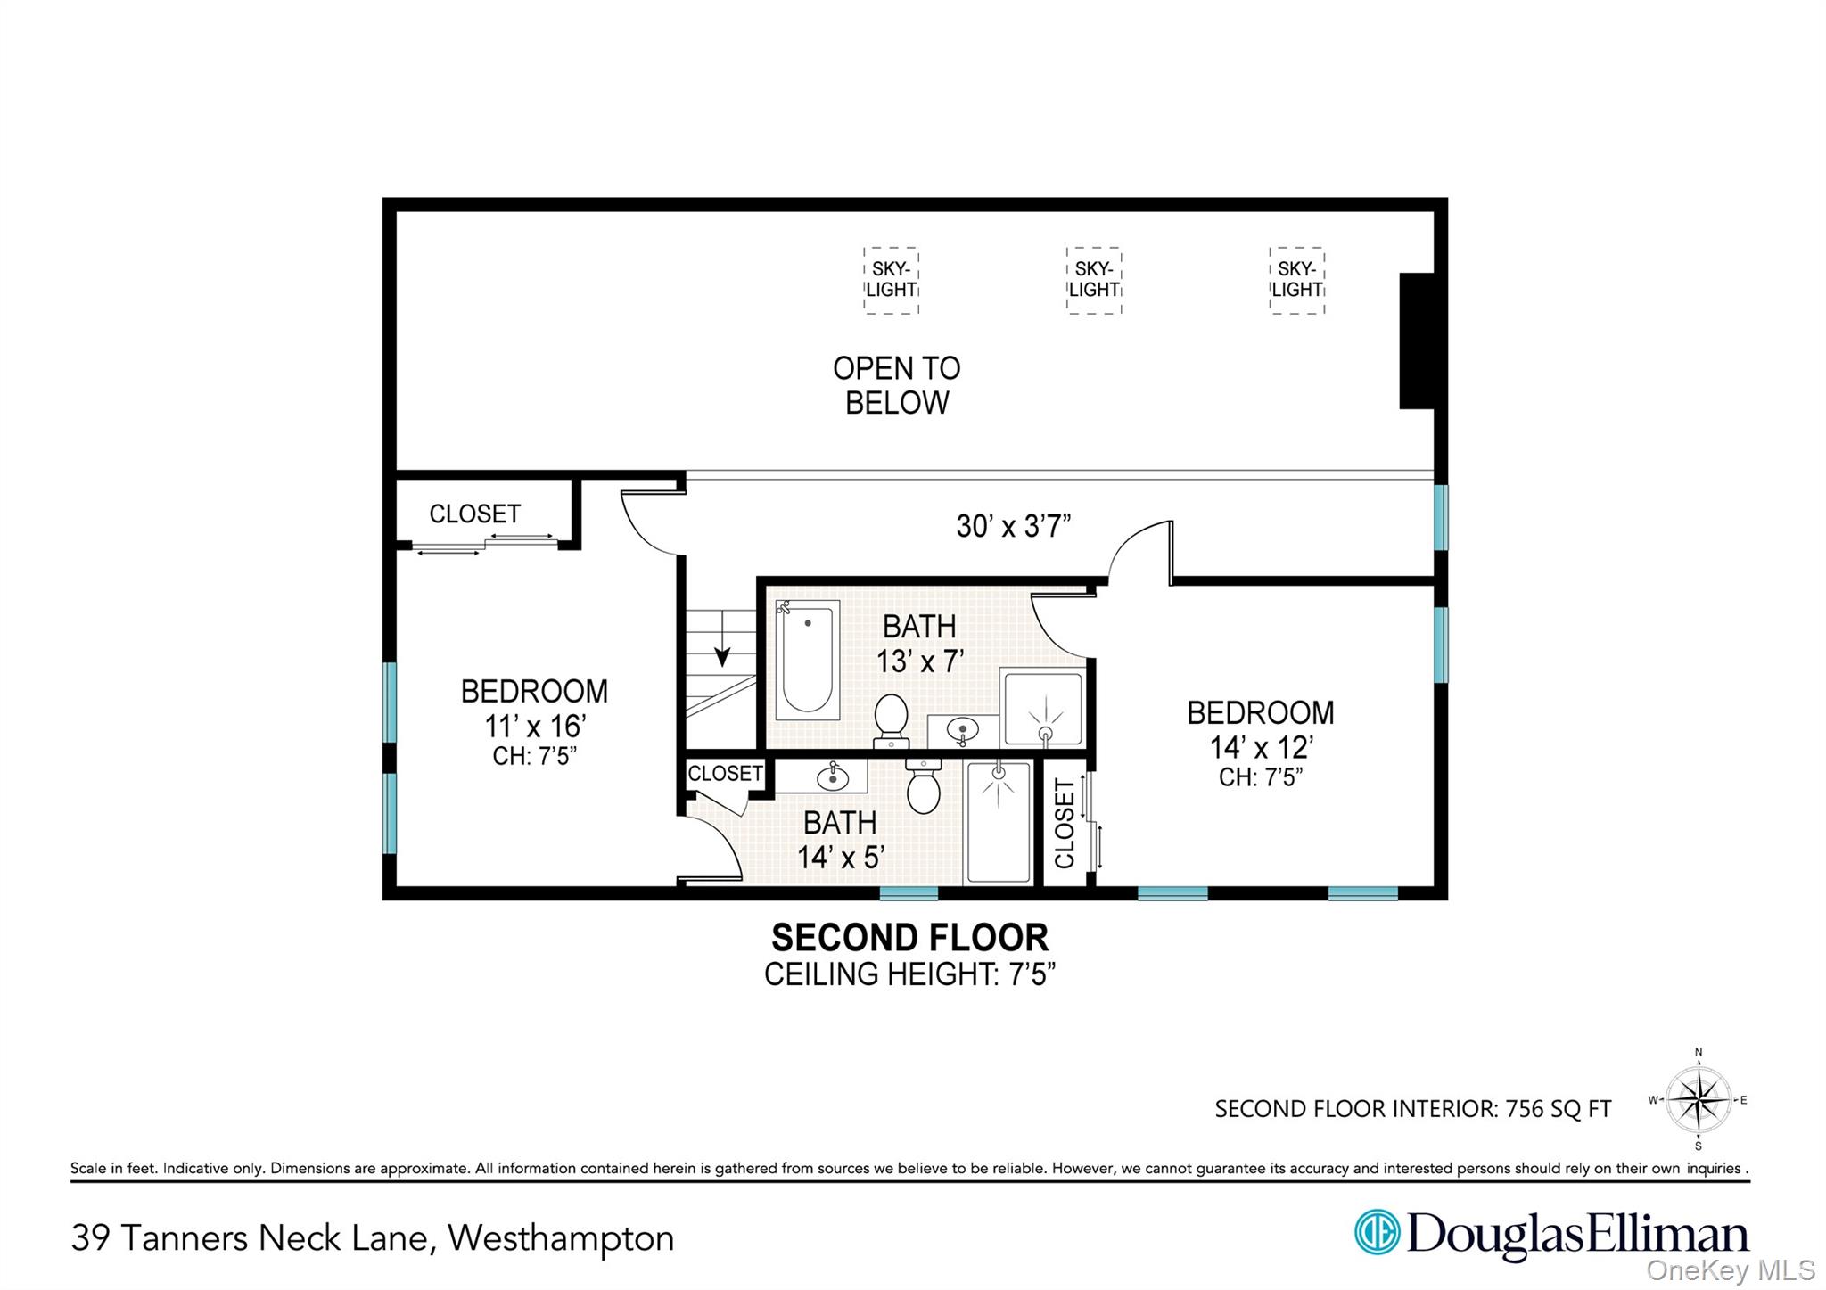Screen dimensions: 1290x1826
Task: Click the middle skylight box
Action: (x=1093, y=280)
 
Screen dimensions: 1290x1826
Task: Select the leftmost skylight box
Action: (x=891, y=280)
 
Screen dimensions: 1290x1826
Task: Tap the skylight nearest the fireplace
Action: (x=1296, y=280)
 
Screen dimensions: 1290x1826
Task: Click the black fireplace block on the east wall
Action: (x=1416, y=341)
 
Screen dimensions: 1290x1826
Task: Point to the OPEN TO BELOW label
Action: (x=896, y=385)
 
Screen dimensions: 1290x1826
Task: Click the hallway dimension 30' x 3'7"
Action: (x=1013, y=526)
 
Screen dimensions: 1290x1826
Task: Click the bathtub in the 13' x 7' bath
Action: (x=807, y=660)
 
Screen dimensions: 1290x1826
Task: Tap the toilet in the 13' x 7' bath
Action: (x=891, y=719)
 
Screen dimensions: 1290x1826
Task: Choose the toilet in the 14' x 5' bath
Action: (x=923, y=788)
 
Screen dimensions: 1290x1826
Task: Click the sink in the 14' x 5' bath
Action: (x=832, y=776)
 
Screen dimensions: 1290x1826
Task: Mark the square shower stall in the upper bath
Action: (x=1043, y=710)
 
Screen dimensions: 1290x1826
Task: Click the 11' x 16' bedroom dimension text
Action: (x=534, y=726)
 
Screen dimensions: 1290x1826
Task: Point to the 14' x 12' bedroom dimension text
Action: (x=1260, y=746)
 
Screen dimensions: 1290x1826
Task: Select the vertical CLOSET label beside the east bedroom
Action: (x=1065, y=822)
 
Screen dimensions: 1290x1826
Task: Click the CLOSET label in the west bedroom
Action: (x=474, y=514)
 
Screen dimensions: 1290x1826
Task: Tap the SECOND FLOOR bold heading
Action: (x=909, y=938)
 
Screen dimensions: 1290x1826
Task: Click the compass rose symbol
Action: (x=1699, y=1099)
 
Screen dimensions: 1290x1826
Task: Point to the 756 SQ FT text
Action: (x=1558, y=1109)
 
